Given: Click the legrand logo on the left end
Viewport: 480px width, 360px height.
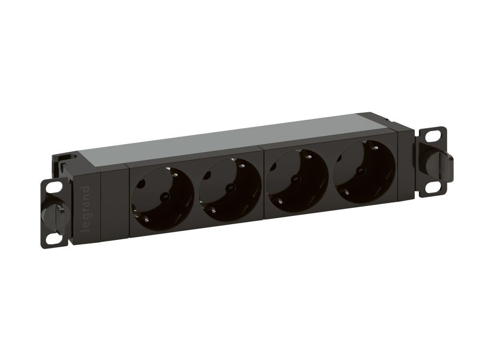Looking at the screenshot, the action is tap(86, 208).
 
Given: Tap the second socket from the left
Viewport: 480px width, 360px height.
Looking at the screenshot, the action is tap(230, 188).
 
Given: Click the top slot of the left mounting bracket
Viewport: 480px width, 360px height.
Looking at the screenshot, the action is tap(54, 185).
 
